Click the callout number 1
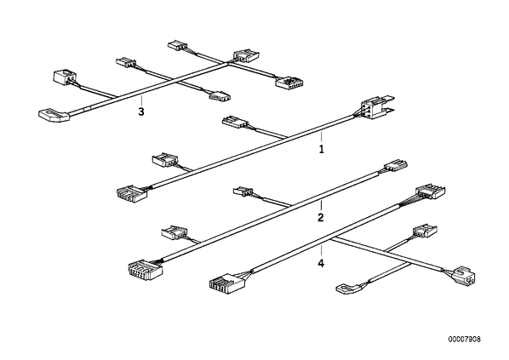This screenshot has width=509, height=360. pyautogui.click(x=322, y=149)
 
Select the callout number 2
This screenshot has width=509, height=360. pyautogui.click(x=321, y=218)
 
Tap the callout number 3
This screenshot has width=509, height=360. pyautogui.click(x=141, y=111)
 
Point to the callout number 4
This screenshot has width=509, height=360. pyautogui.click(x=321, y=263)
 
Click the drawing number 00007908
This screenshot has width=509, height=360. pyautogui.click(x=465, y=340)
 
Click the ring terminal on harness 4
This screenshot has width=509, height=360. pyautogui.click(x=347, y=289)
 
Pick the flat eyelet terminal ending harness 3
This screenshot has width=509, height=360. pyautogui.click(x=54, y=115)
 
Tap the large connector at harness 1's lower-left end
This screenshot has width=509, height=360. pyautogui.click(x=132, y=193)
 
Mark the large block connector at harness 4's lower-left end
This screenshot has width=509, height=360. pyautogui.click(x=226, y=283)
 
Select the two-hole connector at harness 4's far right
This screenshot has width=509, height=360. pyautogui.click(x=465, y=275)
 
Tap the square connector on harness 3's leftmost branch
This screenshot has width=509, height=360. pyautogui.click(x=65, y=77)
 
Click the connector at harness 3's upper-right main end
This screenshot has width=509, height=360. pyautogui.click(x=246, y=55)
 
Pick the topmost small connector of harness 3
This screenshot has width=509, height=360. pyautogui.click(x=178, y=45)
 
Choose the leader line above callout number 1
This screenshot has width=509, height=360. pyautogui.click(x=322, y=137)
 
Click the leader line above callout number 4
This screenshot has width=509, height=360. pyautogui.click(x=322, y=251)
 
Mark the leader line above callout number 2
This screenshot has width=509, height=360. pyautogui.click(x=321, y=205)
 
